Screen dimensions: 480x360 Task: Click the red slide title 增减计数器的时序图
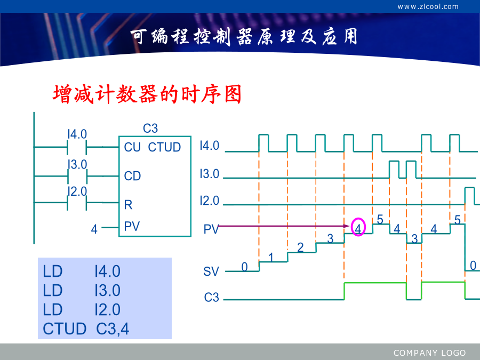coord(147,94)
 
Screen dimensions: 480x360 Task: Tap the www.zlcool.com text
coord(428,6)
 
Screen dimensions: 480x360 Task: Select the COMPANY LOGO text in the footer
coord(429,353)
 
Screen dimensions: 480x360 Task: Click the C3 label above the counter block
coord(150,128)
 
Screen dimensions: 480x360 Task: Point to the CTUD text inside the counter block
coord(164,147)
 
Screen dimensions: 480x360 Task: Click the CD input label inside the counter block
coord(132,176)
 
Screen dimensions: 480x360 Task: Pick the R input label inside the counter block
coord(128,205)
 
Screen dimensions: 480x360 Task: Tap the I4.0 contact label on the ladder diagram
coord(77,134)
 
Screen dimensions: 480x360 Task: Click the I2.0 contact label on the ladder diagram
coord(77,191)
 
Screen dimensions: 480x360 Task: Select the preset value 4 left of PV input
coord(94,229)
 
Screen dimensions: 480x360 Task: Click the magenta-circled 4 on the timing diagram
coord(358,227)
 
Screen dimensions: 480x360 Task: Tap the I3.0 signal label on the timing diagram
coord(210,174)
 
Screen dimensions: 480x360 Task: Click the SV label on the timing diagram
coord(211,271)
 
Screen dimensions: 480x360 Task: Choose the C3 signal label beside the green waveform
coord(212,297)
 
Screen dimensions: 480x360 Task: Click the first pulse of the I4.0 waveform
coord(263,142)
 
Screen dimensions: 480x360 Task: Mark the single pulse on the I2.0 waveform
coord(469,196)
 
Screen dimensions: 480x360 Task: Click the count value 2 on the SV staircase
coord(300,247)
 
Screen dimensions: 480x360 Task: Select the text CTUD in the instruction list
coord(65,329)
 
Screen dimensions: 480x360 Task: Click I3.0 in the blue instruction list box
coord(107,290)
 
